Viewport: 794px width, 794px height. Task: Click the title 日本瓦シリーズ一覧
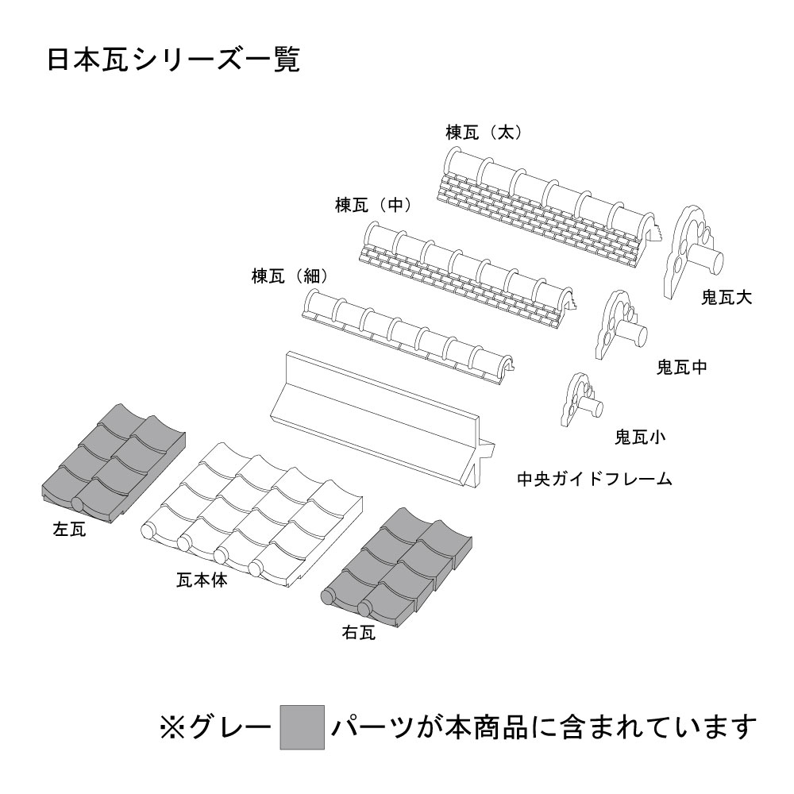click(174, 60)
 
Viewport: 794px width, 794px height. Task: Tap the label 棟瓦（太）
click(484, 133)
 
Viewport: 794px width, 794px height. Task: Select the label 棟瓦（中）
click(374, 205)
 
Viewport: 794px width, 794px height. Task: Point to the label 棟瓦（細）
click(291, 276)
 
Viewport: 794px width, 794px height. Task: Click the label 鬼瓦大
click(727, 297)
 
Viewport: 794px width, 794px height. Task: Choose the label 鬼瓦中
click(681, 367)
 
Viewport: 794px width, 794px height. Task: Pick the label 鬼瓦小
click(640, 437)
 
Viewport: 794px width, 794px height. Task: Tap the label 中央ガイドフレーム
click(595, 479)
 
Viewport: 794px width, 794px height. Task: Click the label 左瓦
click(69, 530)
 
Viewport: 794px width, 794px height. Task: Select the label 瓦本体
click(202, 580)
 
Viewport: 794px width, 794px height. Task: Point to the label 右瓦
click(359, 633)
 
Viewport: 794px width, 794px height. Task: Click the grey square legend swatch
click(303, 727)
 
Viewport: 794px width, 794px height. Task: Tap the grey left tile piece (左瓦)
click(113, 464)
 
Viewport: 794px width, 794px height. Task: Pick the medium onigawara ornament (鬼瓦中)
click(620, 325)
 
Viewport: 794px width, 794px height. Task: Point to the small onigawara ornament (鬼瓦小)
click(580, 399)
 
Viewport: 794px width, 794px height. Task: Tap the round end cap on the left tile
click(78, 504)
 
